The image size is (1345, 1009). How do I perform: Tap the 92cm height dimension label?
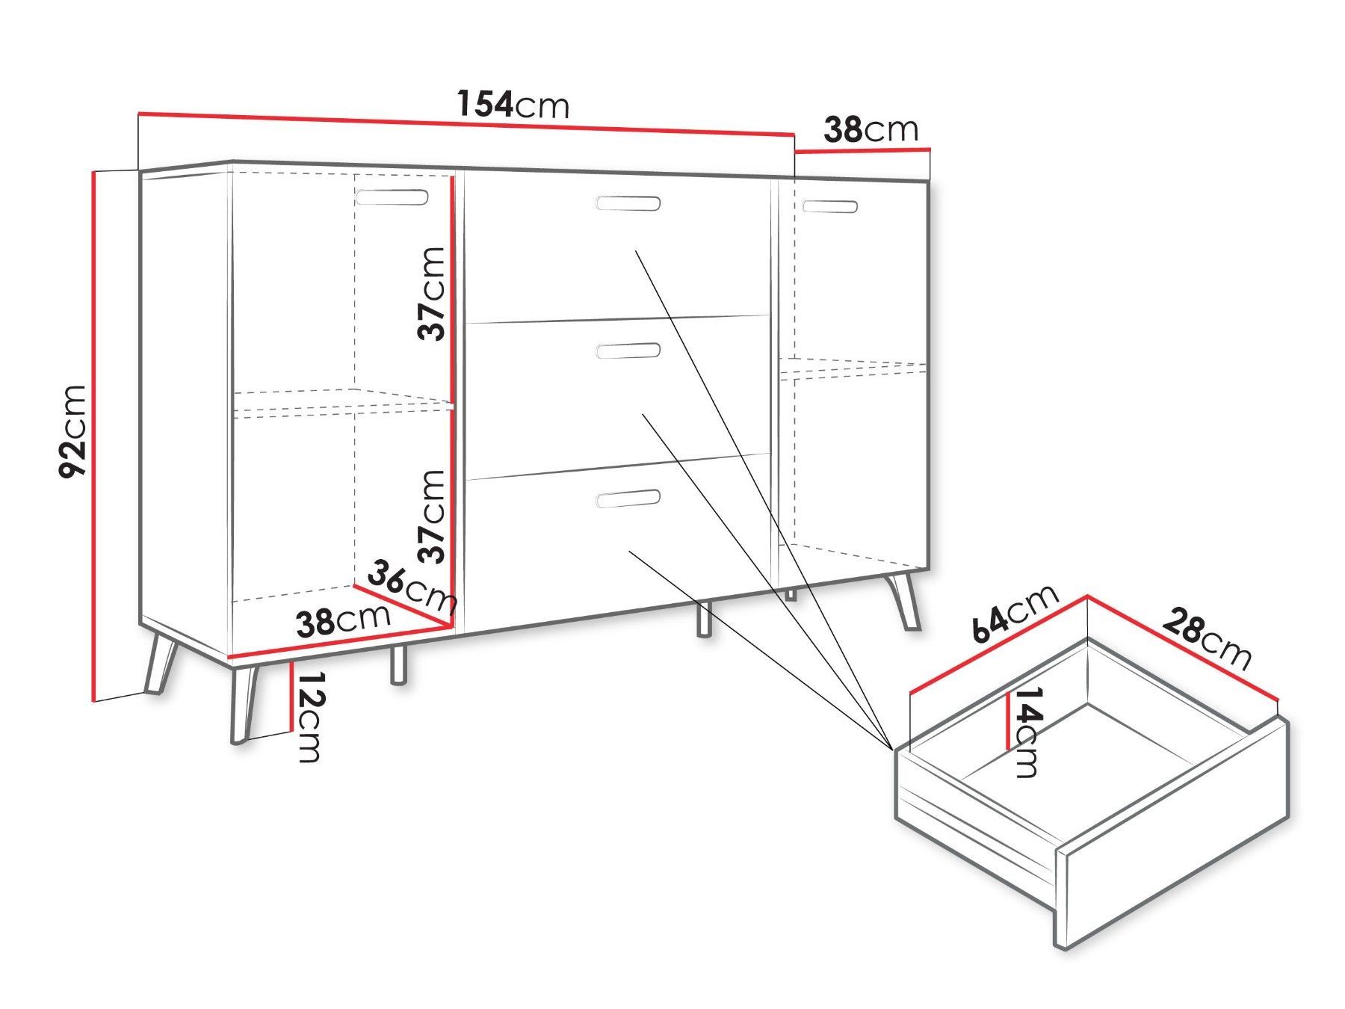74,431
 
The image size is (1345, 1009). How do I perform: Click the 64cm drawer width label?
1015,612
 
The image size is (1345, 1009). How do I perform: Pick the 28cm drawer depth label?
1206,639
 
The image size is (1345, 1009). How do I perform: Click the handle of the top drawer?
628,203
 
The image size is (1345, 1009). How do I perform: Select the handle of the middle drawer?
628,351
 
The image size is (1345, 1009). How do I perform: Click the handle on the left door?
392,197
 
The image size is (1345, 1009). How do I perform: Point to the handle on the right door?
829,206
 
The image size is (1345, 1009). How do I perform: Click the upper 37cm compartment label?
432,294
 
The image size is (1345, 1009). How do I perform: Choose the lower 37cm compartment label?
432,516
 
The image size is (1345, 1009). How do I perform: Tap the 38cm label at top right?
871,130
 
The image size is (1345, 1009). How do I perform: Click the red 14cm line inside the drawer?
1009,720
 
